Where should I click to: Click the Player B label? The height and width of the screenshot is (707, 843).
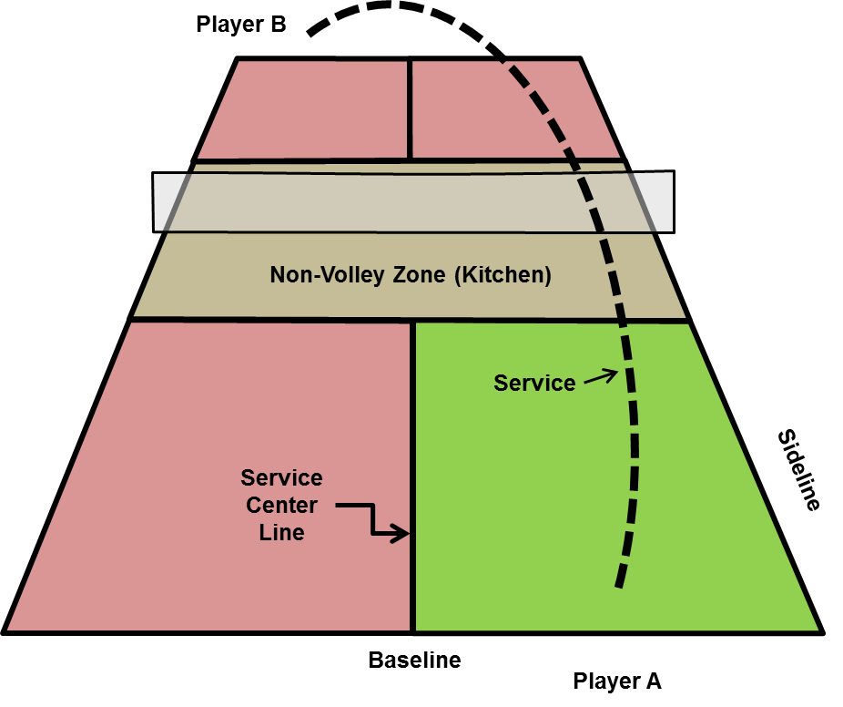click(241, 25)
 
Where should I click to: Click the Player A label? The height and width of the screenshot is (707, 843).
click(616, 680)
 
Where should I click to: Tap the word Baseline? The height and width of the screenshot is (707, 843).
click(414, 660)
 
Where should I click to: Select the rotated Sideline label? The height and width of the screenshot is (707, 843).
click(799, 469)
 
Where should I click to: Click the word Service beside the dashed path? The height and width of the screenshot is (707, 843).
click(534, 384)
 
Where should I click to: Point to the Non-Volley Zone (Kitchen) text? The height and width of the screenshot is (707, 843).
click(411, 274)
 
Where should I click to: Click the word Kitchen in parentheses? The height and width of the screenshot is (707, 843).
click(506, 274)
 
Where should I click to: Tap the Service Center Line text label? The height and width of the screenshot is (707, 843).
click(281, 505)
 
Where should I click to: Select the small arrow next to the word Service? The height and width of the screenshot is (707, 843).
click(597, 376)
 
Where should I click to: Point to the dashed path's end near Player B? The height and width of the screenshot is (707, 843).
click(312, 33)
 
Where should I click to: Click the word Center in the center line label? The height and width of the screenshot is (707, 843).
click(281, 505)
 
